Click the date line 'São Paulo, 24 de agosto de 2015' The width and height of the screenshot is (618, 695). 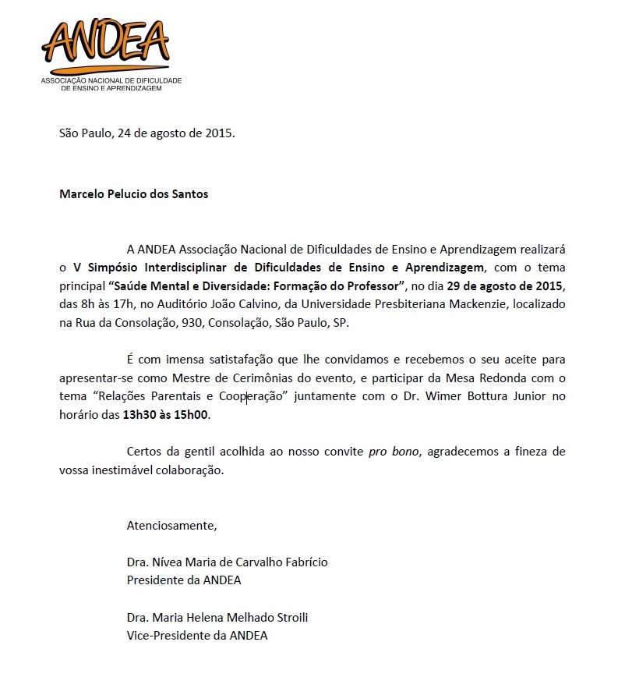point(147,133)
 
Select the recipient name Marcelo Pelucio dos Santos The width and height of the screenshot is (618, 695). point(134,194)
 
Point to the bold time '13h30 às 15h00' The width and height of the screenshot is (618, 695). point(167,415)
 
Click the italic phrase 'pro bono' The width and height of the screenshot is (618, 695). point(395,452)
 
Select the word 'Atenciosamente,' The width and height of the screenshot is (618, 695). point(171,525)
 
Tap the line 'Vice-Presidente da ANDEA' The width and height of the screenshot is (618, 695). point(197,635)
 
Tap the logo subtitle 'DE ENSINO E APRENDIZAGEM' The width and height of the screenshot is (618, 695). point(111,89)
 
